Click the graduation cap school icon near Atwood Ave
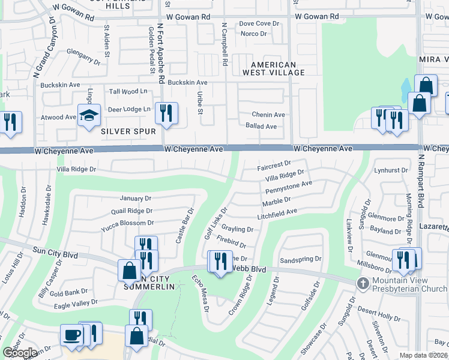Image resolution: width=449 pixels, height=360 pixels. point(89,115)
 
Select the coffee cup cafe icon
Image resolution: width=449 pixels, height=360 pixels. point(71,334)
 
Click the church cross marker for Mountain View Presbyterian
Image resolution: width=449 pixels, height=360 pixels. point(363,283)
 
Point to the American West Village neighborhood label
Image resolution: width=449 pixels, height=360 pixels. point(274,68)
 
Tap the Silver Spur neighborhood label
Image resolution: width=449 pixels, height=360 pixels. point(128,131)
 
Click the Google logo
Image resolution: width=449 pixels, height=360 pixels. point(20,353)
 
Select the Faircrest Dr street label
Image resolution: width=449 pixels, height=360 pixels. point(274,163)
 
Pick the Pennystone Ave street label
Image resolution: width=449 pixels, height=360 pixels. point(289,187)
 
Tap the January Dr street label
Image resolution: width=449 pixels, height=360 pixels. point(136,198)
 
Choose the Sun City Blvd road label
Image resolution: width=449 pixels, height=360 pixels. point(55,252)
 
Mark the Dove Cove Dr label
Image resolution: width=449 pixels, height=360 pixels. point(259,23)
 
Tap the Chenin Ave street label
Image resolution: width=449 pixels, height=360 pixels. point(268,115)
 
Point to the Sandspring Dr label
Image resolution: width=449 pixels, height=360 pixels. point(301,260)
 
